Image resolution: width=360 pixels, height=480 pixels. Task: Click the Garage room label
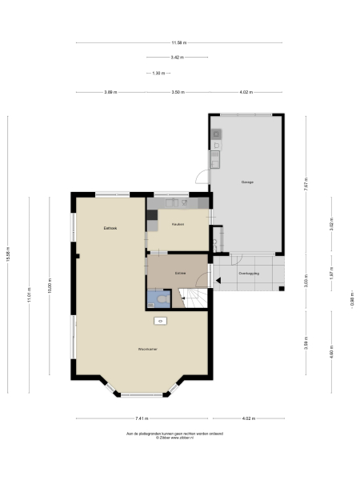pyautogui.click(x=247, y=182)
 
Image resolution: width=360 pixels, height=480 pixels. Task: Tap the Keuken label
pyautogui.click(x=178, y=224)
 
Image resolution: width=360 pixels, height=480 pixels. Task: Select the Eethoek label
pyautogui.click(x=110, y=228)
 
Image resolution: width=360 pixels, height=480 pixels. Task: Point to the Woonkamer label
pyautogui.click(x=146, y=350)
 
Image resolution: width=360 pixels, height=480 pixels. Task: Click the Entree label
pyautogui.click(x=181, y=273)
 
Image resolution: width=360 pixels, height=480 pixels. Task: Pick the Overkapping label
pyautogui.click(x=249, y=274)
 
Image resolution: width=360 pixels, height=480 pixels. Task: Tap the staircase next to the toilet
pyautogui.click(x=195, y=298)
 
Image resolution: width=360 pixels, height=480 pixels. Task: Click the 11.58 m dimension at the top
pyautogui.click(x=178, y=42)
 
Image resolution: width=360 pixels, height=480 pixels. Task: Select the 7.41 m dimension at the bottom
pyautogui.click(x=142, y=418)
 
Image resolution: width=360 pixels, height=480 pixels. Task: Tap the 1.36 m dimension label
pyautogui.click(x=158, y=73)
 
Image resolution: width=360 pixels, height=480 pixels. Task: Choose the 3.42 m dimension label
pyautogui.click(x=177, y=58)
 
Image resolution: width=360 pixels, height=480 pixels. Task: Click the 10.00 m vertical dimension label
pyautogui.click(x=50, y=290)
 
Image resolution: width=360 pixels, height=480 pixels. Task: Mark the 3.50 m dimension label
pyautogui.click(x=178, y=92)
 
